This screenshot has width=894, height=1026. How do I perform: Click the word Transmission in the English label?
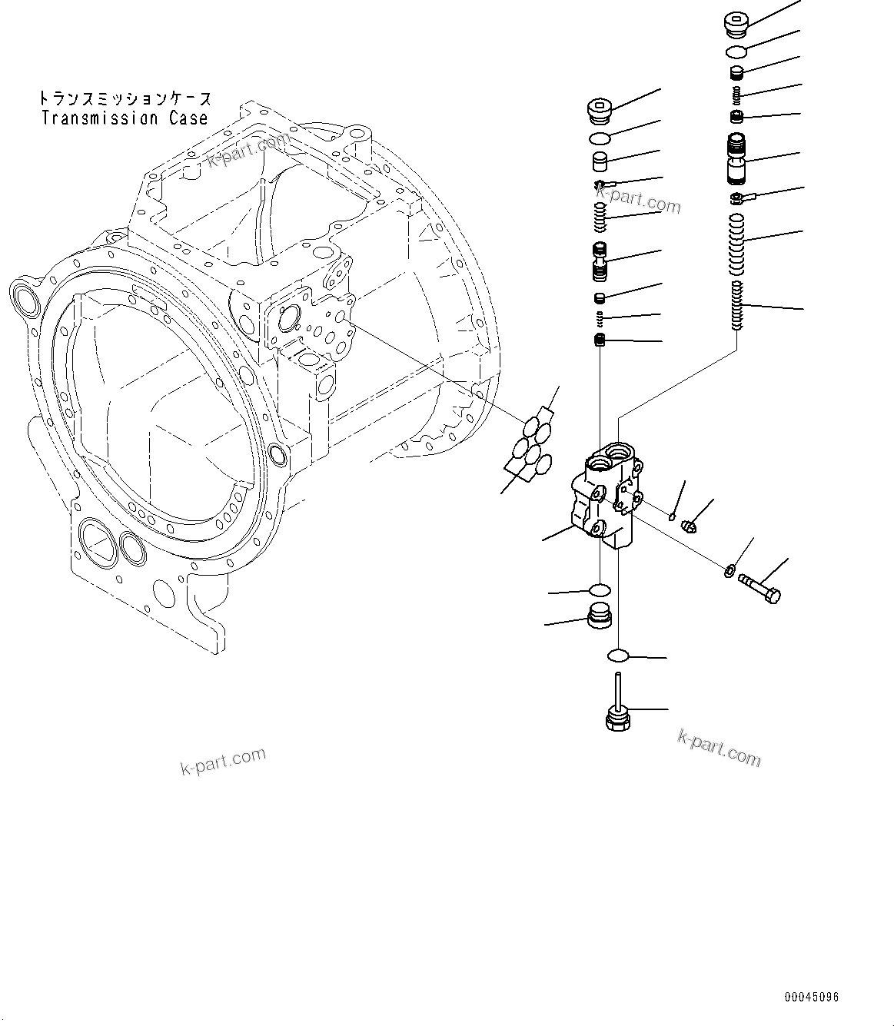[x=101, y=118]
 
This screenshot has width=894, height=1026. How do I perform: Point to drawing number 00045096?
[x=811, y=998]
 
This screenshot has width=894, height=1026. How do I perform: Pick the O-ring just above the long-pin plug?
[x=618, y=656]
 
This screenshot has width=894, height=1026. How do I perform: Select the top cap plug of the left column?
[x=598, y=111]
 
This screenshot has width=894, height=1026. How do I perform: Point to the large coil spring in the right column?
[x=736, y=244]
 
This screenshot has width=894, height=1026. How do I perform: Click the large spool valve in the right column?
[x=736, y=159]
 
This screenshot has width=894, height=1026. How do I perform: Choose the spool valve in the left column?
[x=600, y=262]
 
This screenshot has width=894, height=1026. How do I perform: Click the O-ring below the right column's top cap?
[x=736, y=51]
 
